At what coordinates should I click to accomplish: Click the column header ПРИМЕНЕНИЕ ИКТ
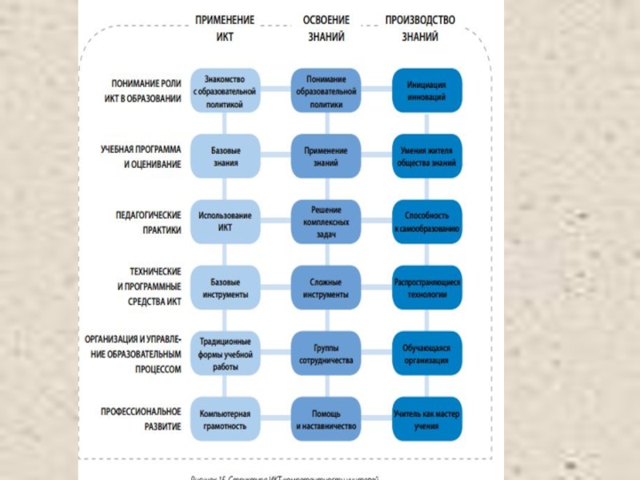point(225,27)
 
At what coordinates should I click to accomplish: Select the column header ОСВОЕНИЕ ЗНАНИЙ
point(326,27)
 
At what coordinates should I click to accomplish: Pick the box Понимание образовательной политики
point(326,91)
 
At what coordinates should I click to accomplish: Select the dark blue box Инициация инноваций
point(426,91)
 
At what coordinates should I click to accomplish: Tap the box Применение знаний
point(326,156)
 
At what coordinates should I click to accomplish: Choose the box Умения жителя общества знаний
point(426,156)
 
